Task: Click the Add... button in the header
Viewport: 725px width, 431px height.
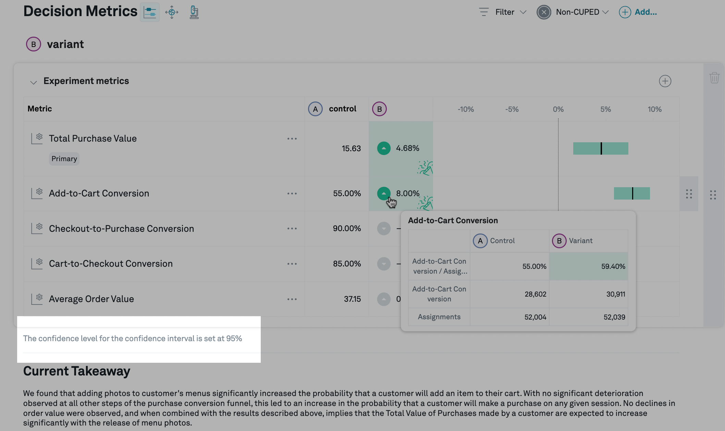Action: coord(638,12)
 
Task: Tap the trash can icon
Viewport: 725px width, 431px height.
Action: coord(714,78)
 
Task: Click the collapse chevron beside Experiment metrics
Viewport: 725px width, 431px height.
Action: coord(33,82)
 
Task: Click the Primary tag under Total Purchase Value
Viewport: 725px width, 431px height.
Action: coord(64,159)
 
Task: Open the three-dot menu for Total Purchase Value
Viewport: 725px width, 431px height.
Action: coord(292,139)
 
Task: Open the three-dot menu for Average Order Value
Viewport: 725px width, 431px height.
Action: coord(292,299)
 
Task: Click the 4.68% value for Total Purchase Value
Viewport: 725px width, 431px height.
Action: coord(407,148)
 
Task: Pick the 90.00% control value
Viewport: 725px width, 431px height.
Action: coord(347,228)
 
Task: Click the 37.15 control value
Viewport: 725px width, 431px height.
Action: coord(352,299)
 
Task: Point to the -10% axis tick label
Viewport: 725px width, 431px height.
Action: coord(466,109)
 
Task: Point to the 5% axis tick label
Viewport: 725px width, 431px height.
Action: coord(605,109)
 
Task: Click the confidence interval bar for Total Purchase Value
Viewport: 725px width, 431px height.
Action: coord(601,148)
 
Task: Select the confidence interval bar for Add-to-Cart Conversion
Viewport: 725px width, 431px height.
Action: coord(631,193)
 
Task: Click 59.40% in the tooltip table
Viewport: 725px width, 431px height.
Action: coord(613,266)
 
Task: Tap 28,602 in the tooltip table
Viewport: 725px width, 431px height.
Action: coord(535,294)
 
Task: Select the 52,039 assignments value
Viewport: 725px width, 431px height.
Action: coord(614,317)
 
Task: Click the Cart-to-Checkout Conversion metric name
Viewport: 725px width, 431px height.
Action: coord(111,264)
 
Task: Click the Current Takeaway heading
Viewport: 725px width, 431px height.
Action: coord(77,371)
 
